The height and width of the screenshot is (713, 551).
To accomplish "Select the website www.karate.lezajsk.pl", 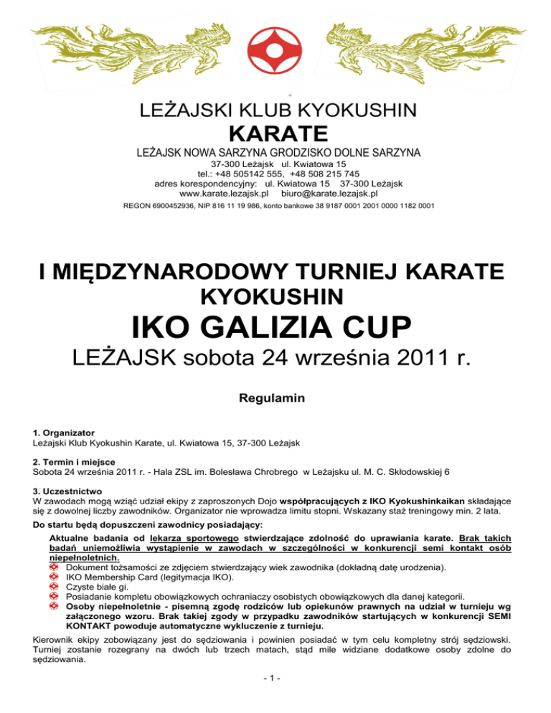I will point(224,193).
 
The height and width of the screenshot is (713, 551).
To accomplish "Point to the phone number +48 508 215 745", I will point(327,173).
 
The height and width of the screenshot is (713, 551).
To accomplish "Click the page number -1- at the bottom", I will point(275,699).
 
